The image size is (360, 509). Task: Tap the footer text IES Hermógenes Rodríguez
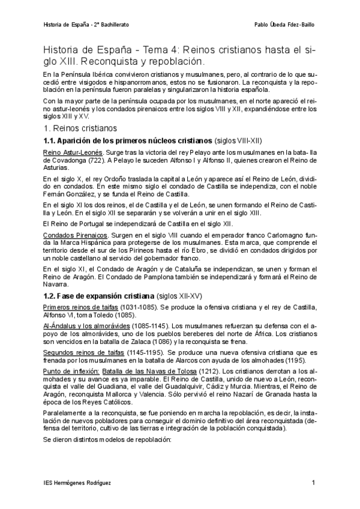[78, 483]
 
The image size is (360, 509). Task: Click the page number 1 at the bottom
[313, 483]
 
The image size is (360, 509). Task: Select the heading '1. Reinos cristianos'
[81, 128]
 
